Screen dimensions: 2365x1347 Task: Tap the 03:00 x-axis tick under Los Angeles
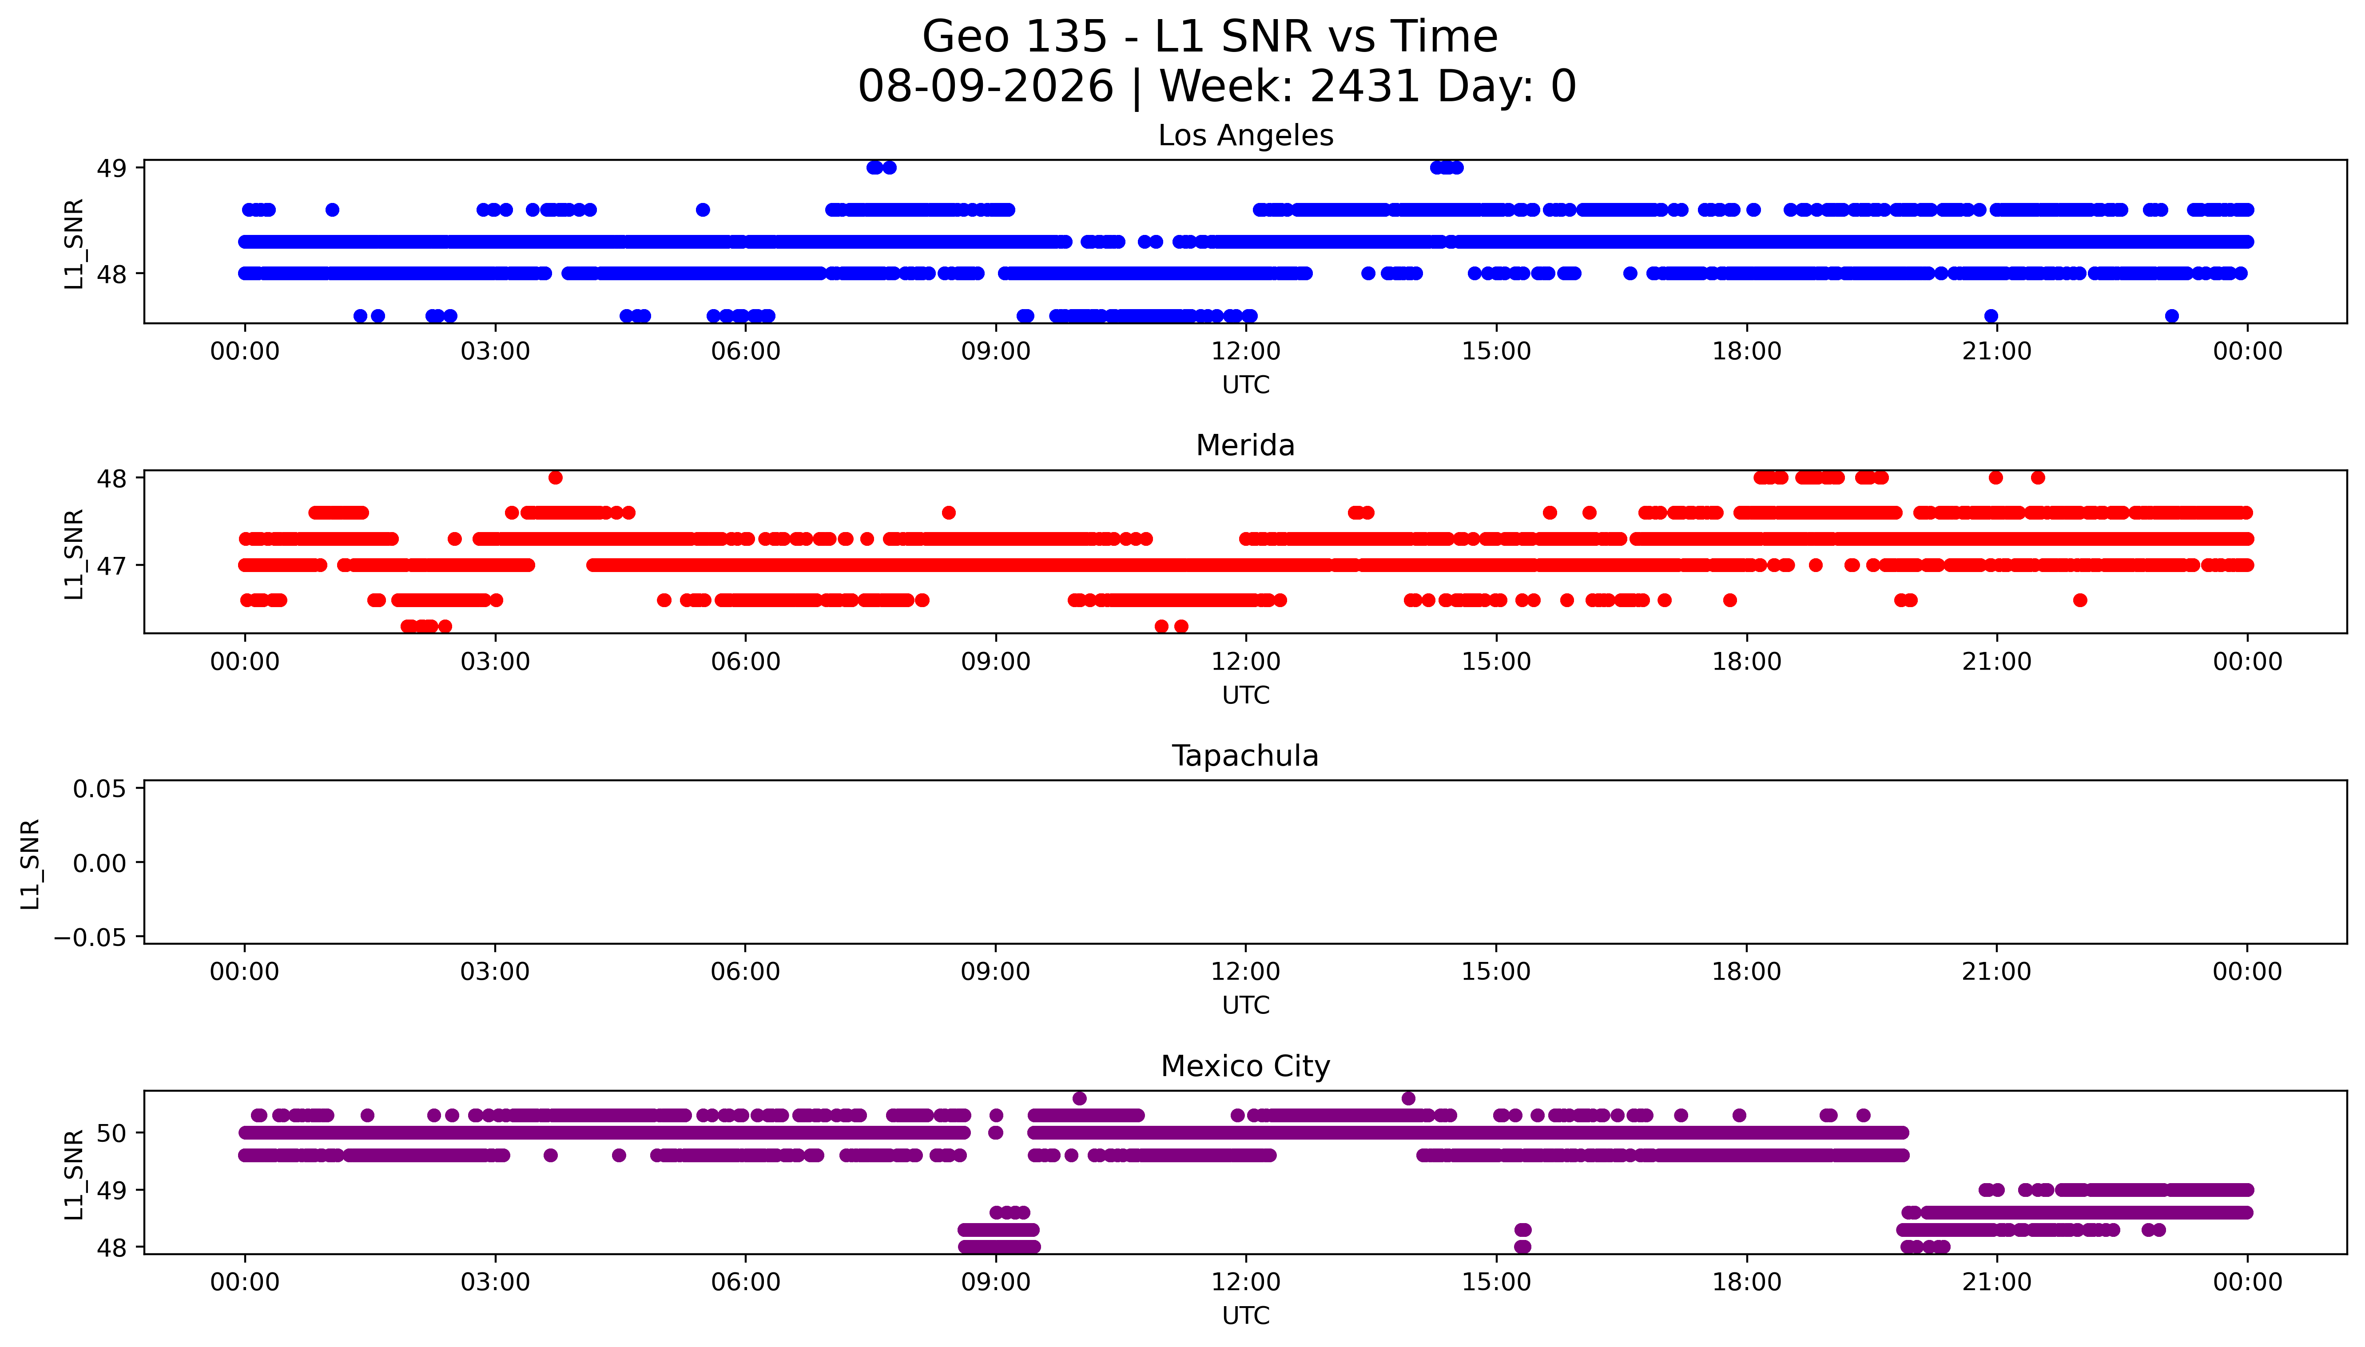click(495, 352)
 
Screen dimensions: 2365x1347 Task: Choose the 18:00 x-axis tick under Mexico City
click(1746, 1282)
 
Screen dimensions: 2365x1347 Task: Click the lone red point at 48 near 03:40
click(555, 477)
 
